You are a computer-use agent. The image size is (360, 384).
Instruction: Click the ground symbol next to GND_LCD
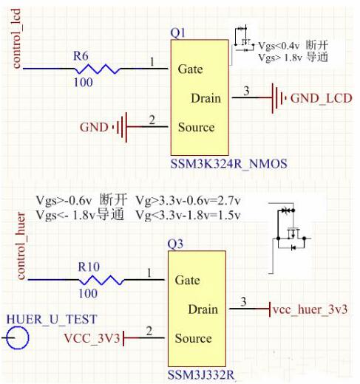[278, 97]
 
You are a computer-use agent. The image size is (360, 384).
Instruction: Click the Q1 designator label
[177, 34]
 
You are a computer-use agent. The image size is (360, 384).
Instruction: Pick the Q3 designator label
[174, 245]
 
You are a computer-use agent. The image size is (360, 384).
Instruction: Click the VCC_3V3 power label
[91, 338]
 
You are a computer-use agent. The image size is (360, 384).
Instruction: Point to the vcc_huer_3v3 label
[310, 309]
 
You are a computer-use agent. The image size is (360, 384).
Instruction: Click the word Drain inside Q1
[206, 98]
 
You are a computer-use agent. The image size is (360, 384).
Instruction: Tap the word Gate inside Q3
[188, 281]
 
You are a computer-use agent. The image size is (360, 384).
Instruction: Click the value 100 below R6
[83, 83]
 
